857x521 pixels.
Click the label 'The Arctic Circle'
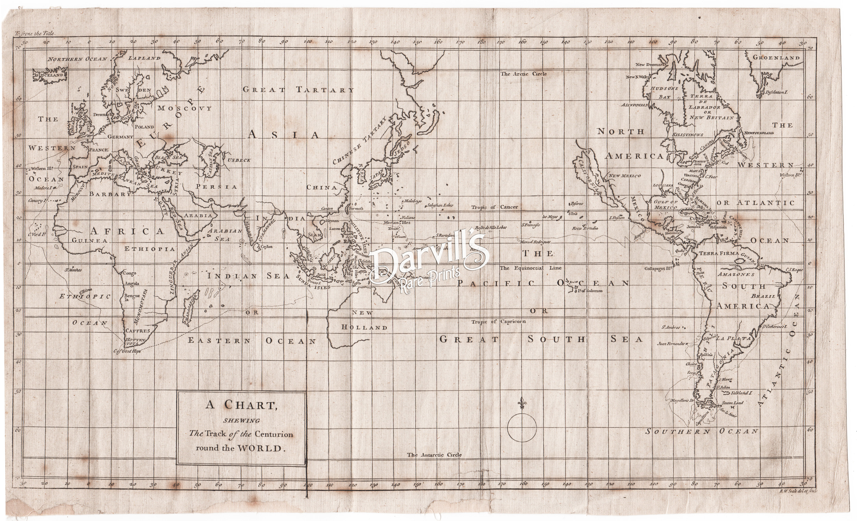coord(523,74)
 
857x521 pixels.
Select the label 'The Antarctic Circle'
coord(434,455)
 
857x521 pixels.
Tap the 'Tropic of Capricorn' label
coord(498,322)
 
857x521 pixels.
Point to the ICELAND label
coord(51,75)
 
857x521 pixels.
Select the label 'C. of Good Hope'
coord(127,352)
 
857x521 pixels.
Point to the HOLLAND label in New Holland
coord(364,328)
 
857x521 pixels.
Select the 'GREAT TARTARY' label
coord(298,90)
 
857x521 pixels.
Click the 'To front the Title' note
coord(35,34)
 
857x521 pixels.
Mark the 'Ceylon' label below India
coord(266,247)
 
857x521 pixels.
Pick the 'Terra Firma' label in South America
coord(719,253)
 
